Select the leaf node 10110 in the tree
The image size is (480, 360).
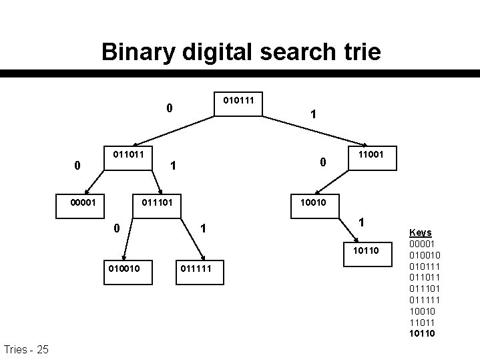tap(366, 250)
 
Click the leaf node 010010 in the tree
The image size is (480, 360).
tap(125, 268)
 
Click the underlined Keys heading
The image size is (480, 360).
tap(420, 232)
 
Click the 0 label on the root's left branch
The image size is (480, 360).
tap(170, 107)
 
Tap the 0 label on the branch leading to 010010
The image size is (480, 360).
tap(116, 228)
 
